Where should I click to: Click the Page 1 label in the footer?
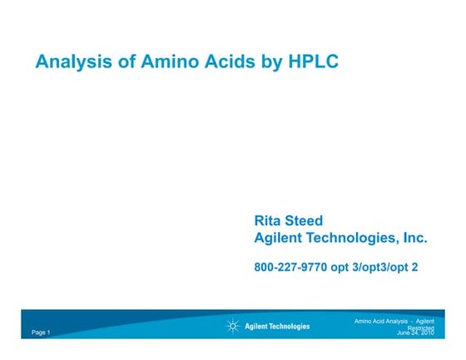42,333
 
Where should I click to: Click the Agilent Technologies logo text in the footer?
277,326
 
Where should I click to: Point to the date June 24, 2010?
416,333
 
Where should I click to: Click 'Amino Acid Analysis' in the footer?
382,320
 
